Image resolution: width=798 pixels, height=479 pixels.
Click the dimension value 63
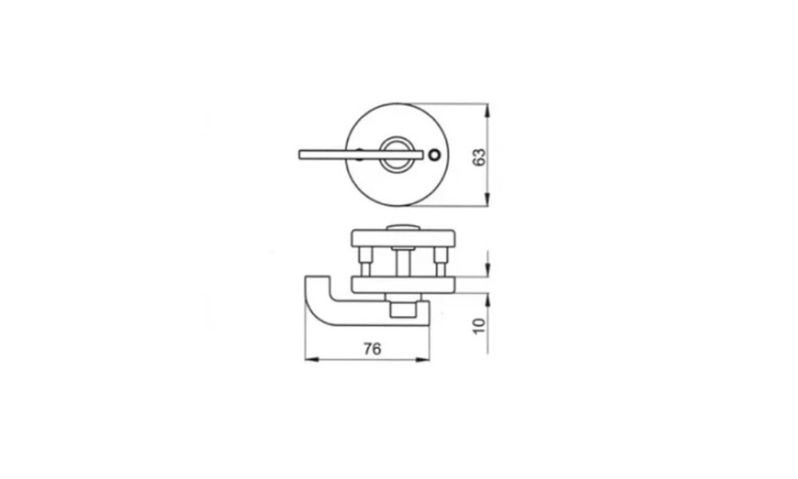pyautogui.click(x=479, y=156)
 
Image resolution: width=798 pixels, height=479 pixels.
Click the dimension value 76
pyautogui.click(x=372, y=349)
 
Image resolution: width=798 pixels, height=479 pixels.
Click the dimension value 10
pyautogui.click(x=480, y=326)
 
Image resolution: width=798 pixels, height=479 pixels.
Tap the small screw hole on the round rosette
pyautogui.click(x=434, y=154)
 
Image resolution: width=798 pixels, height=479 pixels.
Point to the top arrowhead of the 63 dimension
pyautogui.click(x=488, y=110)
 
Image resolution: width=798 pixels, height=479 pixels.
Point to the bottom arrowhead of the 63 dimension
pyautogui.click(x=488, y=200)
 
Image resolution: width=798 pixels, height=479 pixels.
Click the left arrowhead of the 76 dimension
pyautogui.click(x=311, y=359)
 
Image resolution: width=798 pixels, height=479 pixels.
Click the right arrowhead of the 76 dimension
pyautogui.click(x=422, y=359)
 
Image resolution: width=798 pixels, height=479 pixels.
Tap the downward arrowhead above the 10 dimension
pyautogui.click(x=488, y=270)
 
